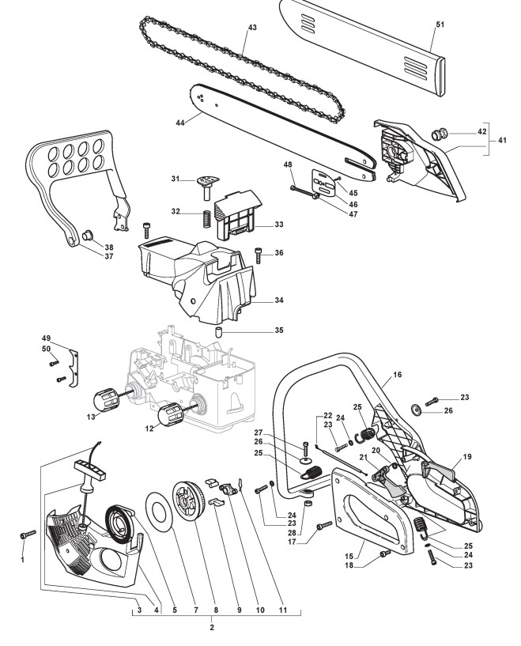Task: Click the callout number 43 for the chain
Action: click(252, 27)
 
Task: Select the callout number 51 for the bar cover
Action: click(440, 25)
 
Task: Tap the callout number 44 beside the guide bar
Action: click(180, 123)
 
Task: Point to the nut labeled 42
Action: click(439, 134)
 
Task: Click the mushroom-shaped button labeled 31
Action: click(208, 186)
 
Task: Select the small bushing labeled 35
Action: click(219, 331)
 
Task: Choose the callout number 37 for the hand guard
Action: click(109, 256)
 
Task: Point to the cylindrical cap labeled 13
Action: click(106, 399)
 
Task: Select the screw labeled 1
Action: click(28, 534)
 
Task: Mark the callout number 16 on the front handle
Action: click(397, 375)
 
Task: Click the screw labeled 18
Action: click(386, 553)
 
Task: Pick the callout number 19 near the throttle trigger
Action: click(467, 456)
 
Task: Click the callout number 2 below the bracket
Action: click(212, 628)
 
